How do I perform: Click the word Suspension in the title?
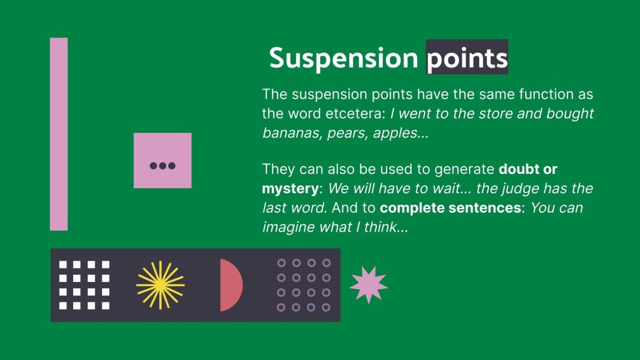coord(343,58)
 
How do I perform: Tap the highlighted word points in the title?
coord(467,58)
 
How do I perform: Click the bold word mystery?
coord(289,188)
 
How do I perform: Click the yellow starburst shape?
coord(160,285)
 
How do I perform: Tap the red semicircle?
coord(230,285)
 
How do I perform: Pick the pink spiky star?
coord(368,285)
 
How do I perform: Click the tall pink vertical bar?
coord(59,134)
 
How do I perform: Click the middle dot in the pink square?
coord(163,166)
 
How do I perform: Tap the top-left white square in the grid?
coord(63,264)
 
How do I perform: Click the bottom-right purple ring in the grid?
coord(326,307)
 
